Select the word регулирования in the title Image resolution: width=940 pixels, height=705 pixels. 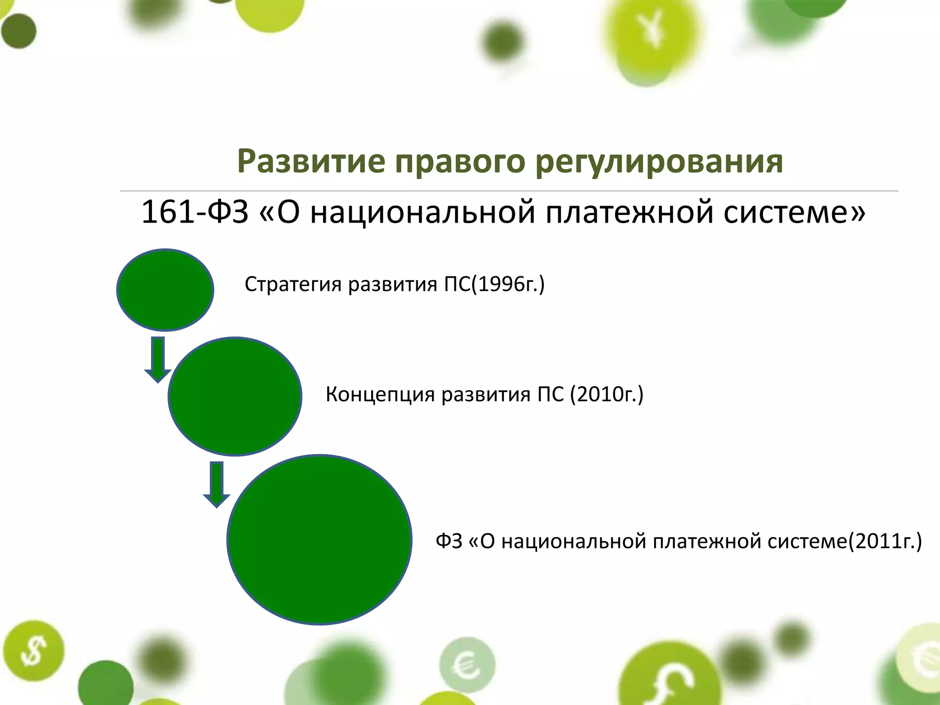coord(659,162)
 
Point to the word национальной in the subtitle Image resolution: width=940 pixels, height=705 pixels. coord(422,213)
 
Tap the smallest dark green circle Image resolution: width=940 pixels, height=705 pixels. coord(165,290)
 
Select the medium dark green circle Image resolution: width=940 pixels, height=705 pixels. coord(235,396)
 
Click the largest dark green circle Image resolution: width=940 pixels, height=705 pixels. coord(319,539)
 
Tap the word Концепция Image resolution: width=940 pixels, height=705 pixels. coord(380,394)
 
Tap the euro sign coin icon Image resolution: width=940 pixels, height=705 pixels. coord(467,664)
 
